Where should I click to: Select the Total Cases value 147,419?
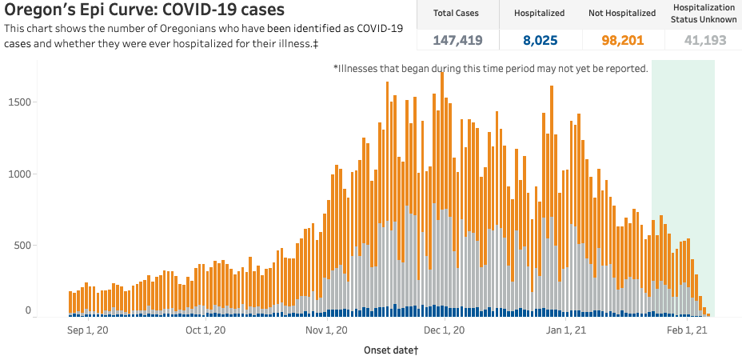459,39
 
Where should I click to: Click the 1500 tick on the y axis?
20,102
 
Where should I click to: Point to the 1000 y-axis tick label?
20,174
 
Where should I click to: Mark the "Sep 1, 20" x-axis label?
87,330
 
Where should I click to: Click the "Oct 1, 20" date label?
205,330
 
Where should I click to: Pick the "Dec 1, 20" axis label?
445,330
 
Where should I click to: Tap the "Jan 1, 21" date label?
565,330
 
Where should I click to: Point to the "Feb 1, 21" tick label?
687,330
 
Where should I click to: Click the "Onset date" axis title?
392,350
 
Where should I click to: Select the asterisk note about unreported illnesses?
490,69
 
